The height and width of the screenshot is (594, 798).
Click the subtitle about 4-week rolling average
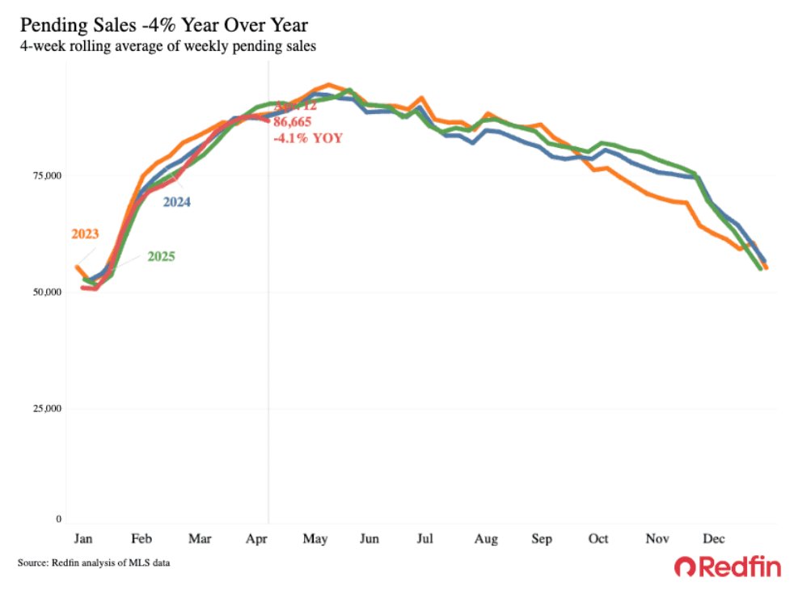point(168,46)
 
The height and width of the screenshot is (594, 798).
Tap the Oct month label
point(598,538)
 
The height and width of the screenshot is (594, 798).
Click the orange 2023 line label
point(85,234)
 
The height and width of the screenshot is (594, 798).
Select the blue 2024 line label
point(176,202)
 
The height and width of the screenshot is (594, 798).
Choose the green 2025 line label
point(161,257)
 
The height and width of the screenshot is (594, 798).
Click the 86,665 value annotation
point(293,122)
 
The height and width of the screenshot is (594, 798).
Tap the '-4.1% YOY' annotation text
point(308,138)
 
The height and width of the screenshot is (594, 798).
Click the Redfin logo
point(728,567)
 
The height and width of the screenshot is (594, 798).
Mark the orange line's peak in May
point(328,84)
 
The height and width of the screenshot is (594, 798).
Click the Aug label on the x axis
point(486,538)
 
